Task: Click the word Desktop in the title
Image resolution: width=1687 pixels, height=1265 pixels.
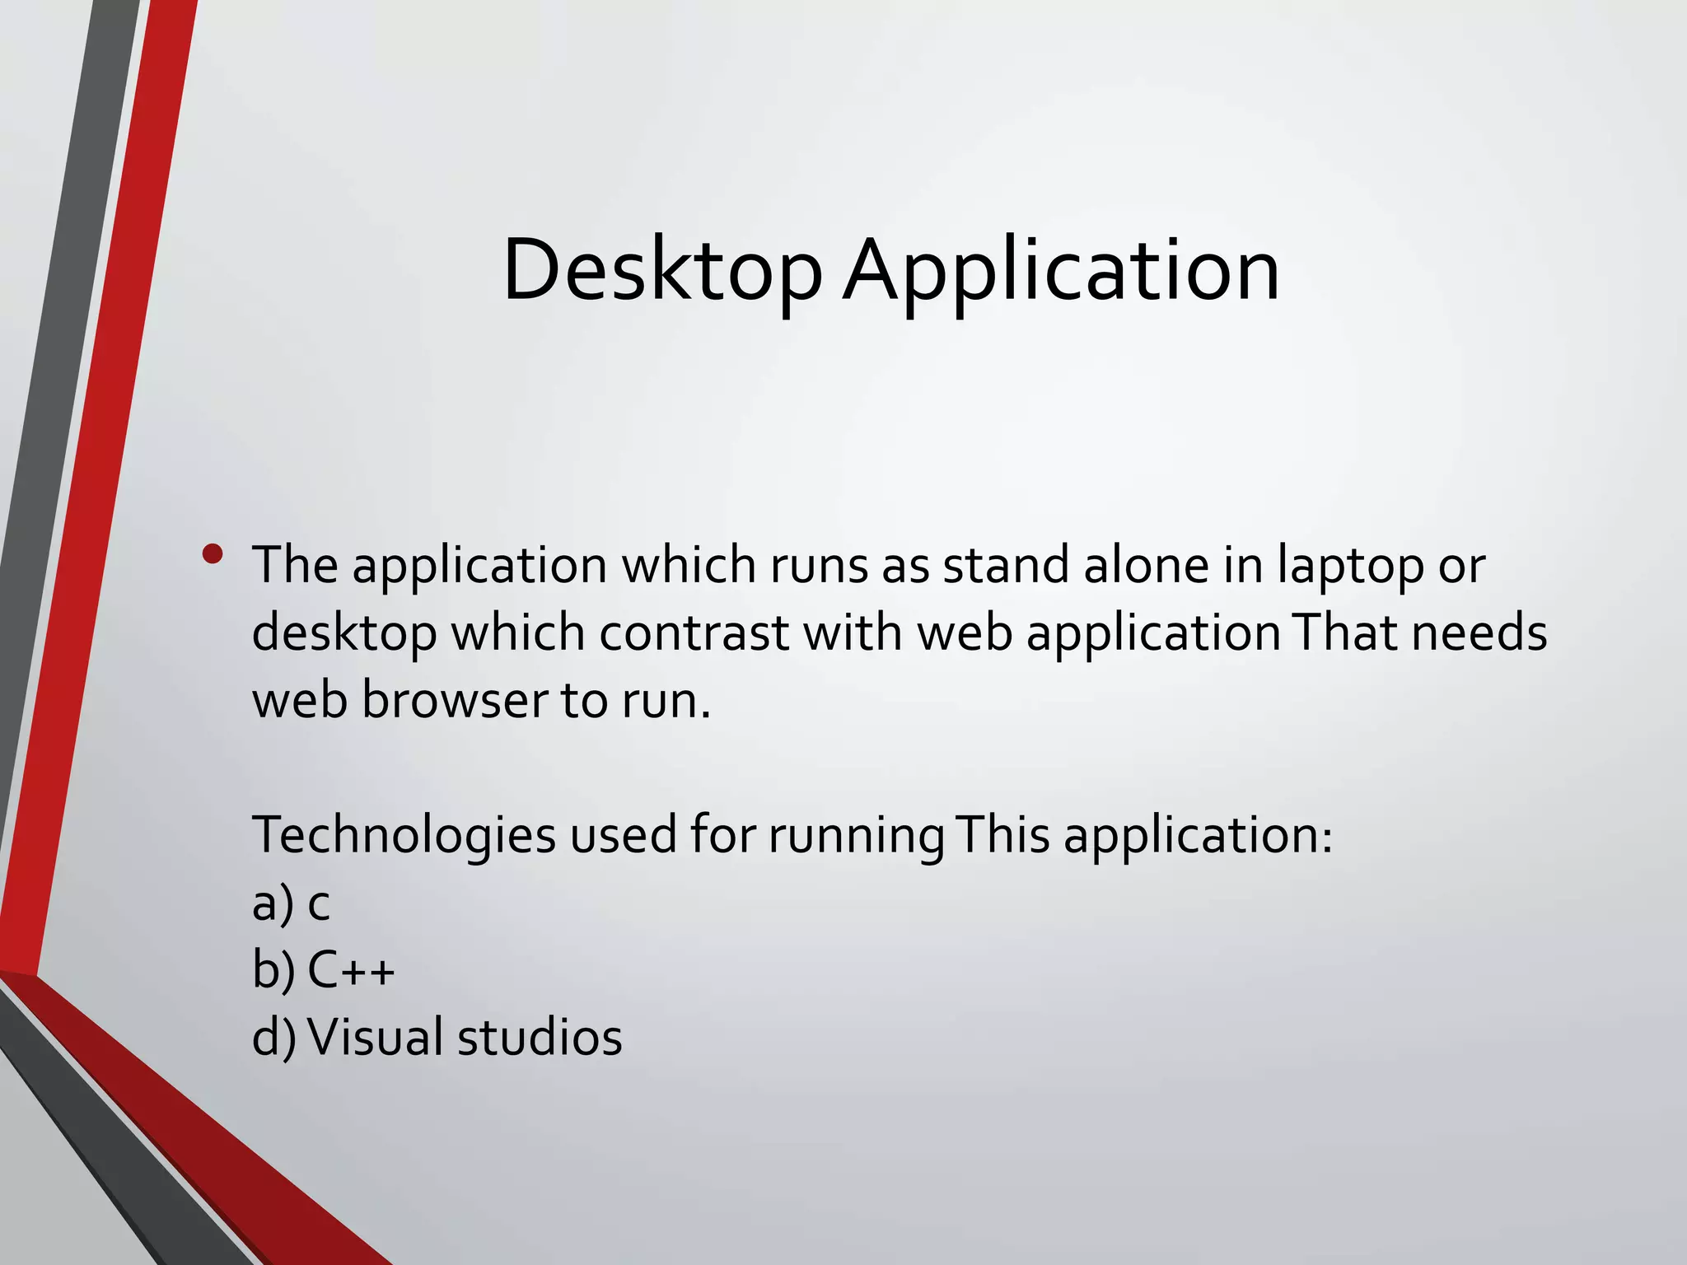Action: (x=662, y=271)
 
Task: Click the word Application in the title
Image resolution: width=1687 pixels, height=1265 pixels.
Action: (x=1062, y=271)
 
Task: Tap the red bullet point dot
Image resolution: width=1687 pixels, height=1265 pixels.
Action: (x=213, y=554)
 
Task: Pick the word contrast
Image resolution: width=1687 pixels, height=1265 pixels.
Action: (x=694, y=633)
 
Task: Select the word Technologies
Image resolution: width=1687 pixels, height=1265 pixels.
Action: (x=404, y=836)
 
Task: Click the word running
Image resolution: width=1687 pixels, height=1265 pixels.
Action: (x=856, y=836)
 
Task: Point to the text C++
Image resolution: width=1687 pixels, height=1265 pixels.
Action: (x=351, y=970)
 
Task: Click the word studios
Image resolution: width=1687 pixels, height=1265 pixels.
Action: (x=540, y=1037)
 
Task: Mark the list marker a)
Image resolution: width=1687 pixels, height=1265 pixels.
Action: (x=273, y=903)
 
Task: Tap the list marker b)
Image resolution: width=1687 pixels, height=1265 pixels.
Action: (x=273, y=970)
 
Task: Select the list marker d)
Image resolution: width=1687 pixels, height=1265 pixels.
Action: (x=273, y=1037)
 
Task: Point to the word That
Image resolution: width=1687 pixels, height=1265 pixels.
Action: (x=1345, y=633)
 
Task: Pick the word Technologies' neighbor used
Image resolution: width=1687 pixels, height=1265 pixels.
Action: (x=624, y=836)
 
